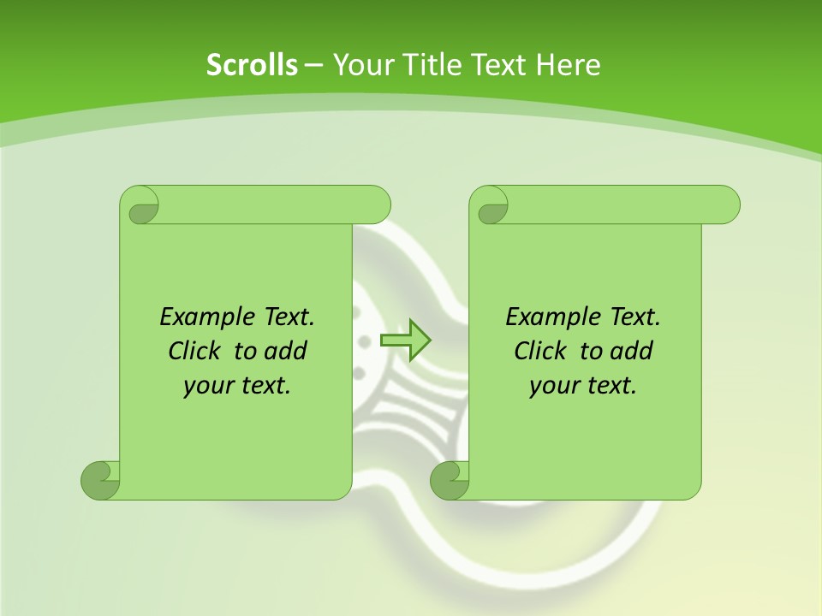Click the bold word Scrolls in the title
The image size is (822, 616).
pyautogui.click(x=252, y=65)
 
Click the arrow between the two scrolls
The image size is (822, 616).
pyautogui.click(x=405, y=340)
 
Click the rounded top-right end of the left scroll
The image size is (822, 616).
pyautogui.click(x=377, y=205)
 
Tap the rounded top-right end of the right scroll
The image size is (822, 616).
pyautogui.click(x=726, y=205)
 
